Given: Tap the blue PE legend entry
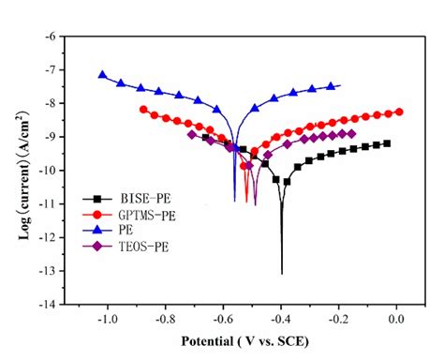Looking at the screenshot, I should pos(116,231).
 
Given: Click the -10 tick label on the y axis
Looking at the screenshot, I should pos(53,170).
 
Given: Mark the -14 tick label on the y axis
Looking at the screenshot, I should pos(53,304).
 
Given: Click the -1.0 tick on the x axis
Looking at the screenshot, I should pos(108,319).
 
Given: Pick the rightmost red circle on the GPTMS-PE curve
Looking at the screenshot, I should pos(400,112).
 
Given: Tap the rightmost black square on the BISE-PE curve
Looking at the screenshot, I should pos(387,143).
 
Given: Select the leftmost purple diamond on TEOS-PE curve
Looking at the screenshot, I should pos(192,134).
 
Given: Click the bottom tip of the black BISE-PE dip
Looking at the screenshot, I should pos(282,273).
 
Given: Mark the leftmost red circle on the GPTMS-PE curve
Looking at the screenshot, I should pos(143,110).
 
